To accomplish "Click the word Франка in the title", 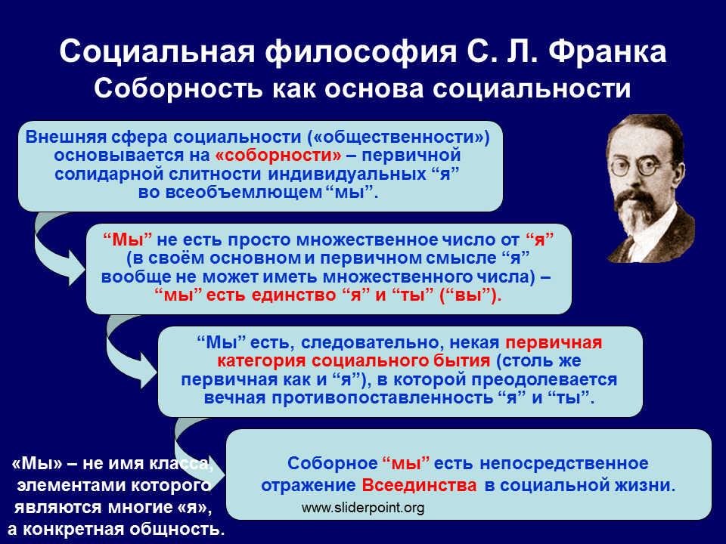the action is [608, 52].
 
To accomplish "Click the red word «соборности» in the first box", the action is [278, 155].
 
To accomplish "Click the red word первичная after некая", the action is [554, 343].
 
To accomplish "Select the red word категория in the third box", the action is [262, 361].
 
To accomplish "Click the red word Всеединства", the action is [419, 485].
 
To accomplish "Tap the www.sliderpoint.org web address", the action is [362, 508].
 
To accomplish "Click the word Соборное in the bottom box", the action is [332, 463].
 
